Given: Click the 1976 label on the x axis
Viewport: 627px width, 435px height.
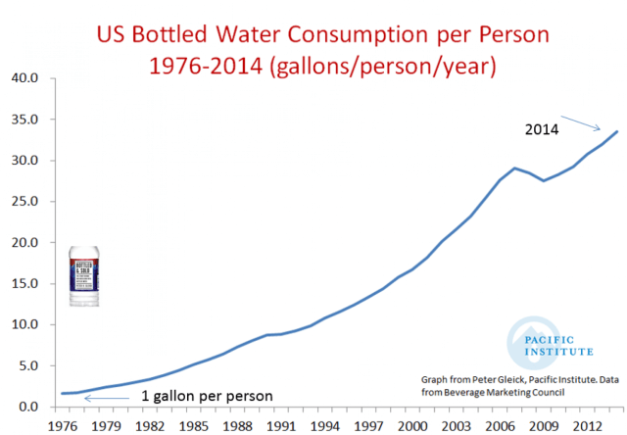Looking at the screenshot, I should (63, 426).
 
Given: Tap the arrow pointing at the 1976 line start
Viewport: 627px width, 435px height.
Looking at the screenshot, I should (99, 397).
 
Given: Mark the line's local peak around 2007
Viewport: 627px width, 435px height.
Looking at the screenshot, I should (514, 169).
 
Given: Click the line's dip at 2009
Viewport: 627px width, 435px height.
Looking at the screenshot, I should (544, 181).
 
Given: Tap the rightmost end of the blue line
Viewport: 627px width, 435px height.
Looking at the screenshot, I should (616, 131).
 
